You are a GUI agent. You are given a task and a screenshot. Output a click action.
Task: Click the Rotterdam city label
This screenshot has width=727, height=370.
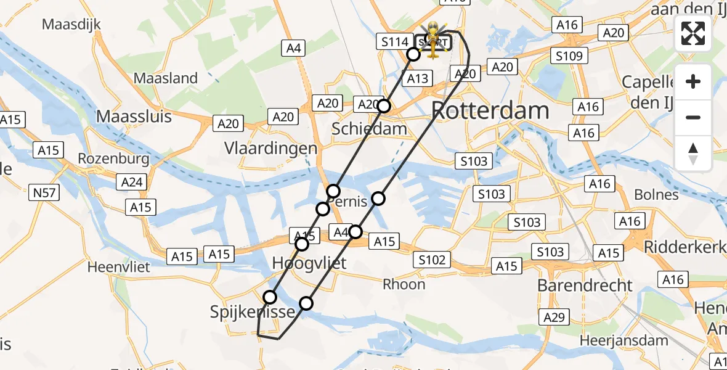(490, 111)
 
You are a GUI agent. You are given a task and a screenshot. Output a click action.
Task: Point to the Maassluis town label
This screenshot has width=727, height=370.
(134, 116)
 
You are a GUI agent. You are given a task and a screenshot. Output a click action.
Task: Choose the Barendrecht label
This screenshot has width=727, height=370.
(585, 286)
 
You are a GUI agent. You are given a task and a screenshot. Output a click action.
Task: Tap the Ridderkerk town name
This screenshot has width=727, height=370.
(684, 247)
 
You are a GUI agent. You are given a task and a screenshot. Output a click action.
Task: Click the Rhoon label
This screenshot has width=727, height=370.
(404, 284)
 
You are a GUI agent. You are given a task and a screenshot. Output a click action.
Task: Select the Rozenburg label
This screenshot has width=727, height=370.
(113, 158)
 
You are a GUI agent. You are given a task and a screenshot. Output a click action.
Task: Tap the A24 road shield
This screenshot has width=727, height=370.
(131, 181)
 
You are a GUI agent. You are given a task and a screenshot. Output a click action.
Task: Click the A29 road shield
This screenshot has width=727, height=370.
(554, 318)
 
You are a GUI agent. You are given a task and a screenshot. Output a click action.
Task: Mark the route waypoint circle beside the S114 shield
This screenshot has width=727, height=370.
(413, 54)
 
